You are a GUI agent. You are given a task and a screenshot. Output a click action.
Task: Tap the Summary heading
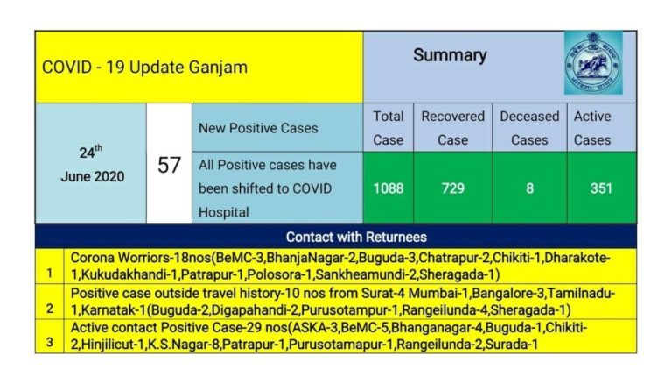point(450,55)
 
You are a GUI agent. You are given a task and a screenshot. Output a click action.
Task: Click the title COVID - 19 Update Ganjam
point(144,68)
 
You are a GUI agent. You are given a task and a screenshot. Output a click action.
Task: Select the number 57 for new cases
point(169,165)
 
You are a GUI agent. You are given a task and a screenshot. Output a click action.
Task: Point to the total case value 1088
point(388,188)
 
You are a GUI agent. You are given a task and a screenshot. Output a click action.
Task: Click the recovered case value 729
point(452,188)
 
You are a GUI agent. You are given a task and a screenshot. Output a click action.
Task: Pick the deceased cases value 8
point(528,188)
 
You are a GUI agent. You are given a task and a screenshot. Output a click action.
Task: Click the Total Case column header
point(388,128)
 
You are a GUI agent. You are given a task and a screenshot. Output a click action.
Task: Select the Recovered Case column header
point(452,128)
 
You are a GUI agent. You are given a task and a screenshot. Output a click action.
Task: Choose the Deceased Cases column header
point(528,128)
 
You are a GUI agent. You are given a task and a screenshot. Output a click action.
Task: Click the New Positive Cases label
point(258,128)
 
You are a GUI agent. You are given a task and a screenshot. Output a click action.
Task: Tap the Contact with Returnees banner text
point(356,237)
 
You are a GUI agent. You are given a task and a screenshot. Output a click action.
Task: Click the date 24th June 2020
point(92,164)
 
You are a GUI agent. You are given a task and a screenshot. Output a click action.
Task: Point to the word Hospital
point(223,211)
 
